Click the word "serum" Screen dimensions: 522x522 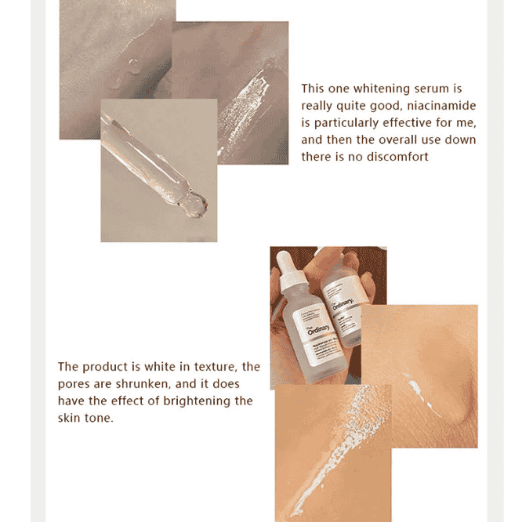(428, 89)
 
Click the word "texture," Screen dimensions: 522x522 (212, 367)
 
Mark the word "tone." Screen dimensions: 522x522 (100, 418)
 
